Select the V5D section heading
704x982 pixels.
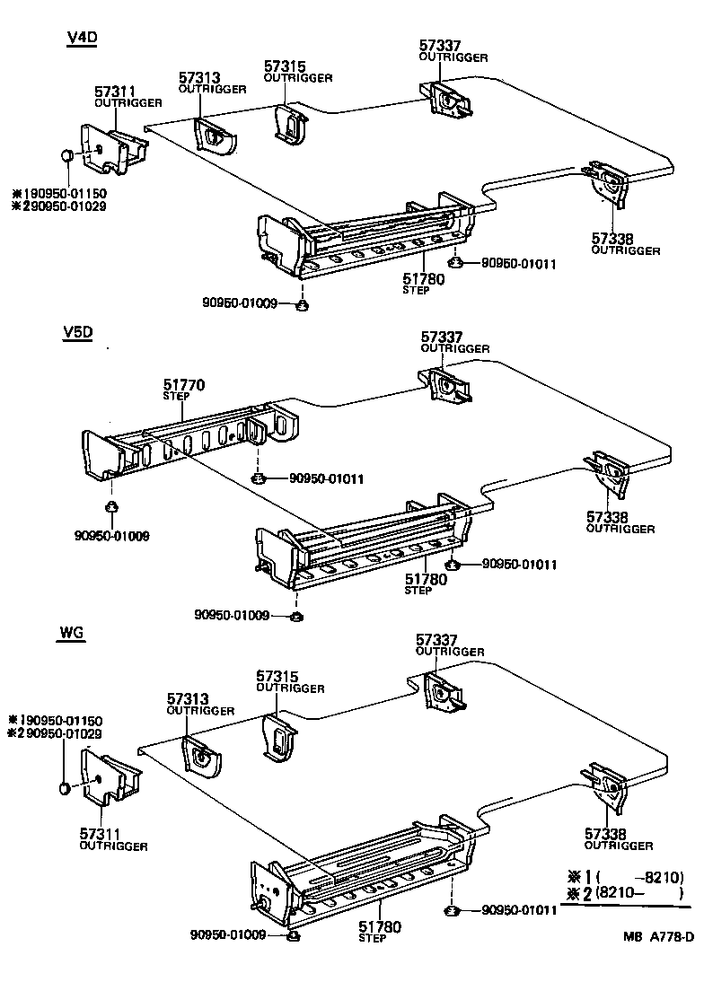tap(78, 333)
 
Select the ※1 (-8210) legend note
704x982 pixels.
tap(626, 877)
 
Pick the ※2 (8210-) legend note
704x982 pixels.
tap(626, 894)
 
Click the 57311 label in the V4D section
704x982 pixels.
tap(116, 92)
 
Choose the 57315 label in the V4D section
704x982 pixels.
tap(285, 67)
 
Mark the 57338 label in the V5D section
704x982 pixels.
tap(608, 517)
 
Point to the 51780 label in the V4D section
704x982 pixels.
tap(424, 280)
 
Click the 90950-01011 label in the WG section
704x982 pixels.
tap(520, 909)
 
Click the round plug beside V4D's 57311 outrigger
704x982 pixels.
tap(66, 157)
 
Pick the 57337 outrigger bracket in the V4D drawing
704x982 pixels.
tap(446, 99)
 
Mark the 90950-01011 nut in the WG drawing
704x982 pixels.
tap(453, 911)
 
